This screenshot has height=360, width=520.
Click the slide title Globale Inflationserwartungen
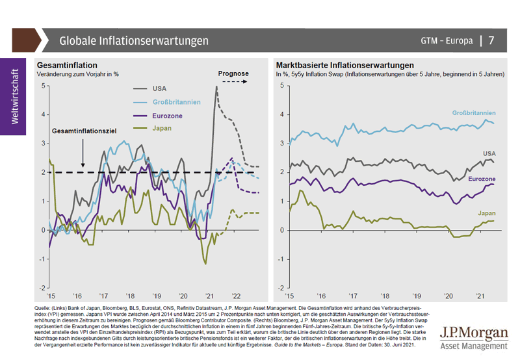pos(134,40)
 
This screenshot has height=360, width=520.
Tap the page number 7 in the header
pos(491,40)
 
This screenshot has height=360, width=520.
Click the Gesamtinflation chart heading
pos(67,66)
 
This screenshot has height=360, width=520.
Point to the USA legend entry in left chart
pos(160,88)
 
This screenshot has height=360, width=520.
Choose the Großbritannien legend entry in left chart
pos(177,102)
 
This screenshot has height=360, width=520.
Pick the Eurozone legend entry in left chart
pos(168,116)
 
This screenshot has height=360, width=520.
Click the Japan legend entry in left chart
pos(163,129)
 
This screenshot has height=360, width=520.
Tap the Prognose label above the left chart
pos(233,74)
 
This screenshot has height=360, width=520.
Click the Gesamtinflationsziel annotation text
pos(83,131)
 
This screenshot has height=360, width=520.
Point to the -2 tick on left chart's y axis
pos(42,288)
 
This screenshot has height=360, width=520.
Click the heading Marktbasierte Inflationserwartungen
pos(344,66)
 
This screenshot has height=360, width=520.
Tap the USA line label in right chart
pos(489,153)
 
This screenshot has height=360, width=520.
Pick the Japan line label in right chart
pos(486,213)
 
